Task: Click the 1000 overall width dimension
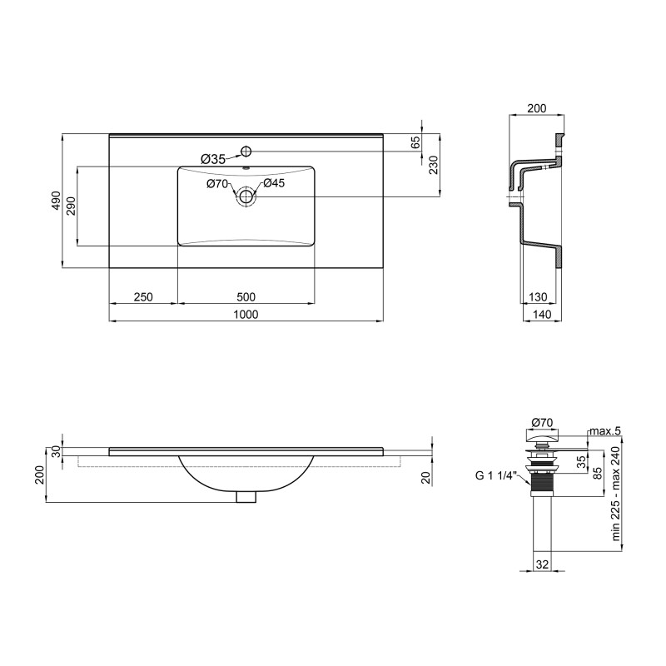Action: (x=246, y=314)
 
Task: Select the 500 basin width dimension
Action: (x=246, y=296)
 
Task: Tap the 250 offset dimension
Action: (x=142, y=296)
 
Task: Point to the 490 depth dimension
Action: (x=56, y=201)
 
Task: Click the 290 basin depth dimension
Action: (x=71, y=206)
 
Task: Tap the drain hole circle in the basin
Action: (x=246, y=197)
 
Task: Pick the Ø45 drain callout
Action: (x=275, y=183)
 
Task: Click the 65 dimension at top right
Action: (x=415, y=142)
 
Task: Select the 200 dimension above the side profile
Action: (x=538, y=109)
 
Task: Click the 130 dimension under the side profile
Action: (x=538, y=296)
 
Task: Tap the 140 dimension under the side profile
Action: (x=541, y=314)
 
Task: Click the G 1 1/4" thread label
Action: (x=497, y=476)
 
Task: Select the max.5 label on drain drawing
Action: (x=604, y=430)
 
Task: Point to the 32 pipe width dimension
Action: (x=542, y=564)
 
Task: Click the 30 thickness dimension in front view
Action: (x=57, y=450)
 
